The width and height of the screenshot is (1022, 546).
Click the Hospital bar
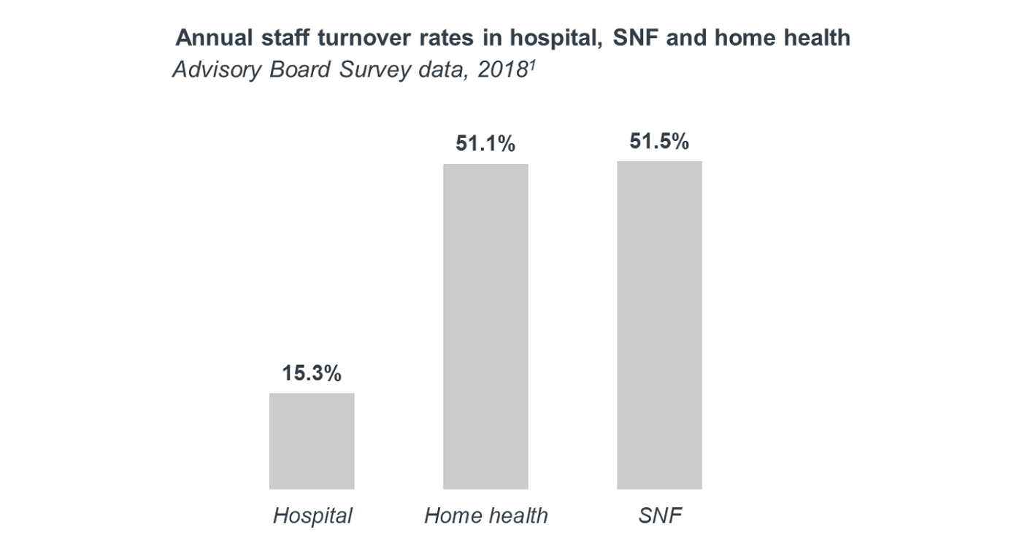[x=312, y=441]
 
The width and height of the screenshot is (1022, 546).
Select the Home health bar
[x=485, y=326]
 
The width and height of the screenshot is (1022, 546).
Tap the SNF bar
[x=659, y=325]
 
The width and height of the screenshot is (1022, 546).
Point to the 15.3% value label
[x=312, y=374]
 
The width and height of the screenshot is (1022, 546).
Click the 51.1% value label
[x=485, y=144]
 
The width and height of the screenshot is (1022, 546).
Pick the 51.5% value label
[x=659, y=141]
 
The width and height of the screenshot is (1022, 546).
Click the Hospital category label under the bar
[x=312, y=516]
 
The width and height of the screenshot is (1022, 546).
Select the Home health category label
[x=485, y=516]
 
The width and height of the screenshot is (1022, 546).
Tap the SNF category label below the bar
[x=659, y=516]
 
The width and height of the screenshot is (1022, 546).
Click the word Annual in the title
[x=212, y=37]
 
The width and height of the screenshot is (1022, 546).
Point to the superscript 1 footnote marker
[x=529, y=64]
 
